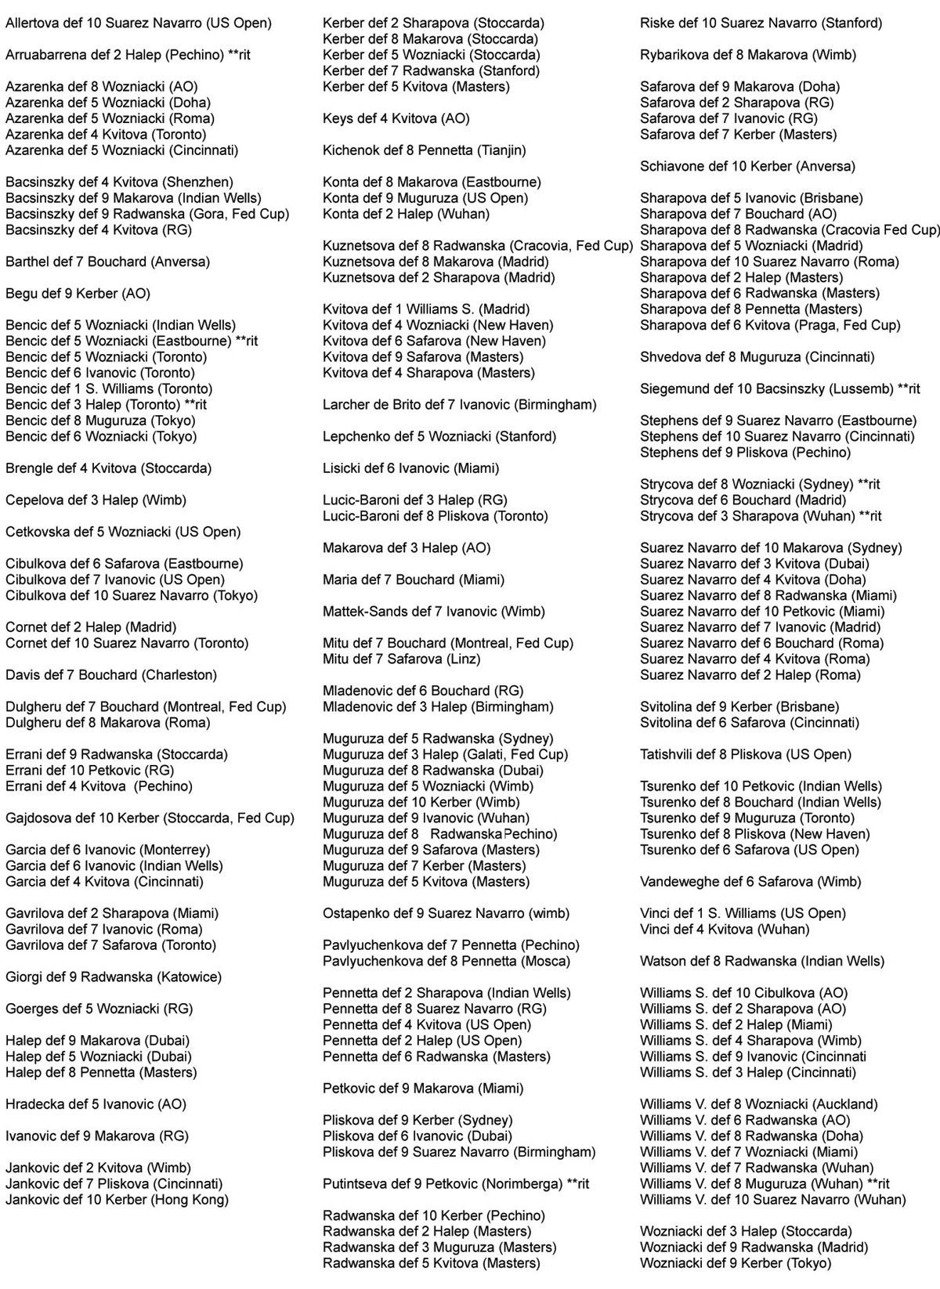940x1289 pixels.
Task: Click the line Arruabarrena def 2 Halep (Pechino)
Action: tap(128, 56)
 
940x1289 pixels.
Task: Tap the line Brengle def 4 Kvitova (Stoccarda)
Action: tap(108, 468)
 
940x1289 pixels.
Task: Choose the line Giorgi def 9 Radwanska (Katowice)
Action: tap(114, 977)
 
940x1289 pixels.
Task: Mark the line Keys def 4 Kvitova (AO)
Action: tap(396, 119)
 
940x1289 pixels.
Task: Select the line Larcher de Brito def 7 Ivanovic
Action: tap(459, 405)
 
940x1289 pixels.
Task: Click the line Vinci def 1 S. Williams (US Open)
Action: tap(743, 913)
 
